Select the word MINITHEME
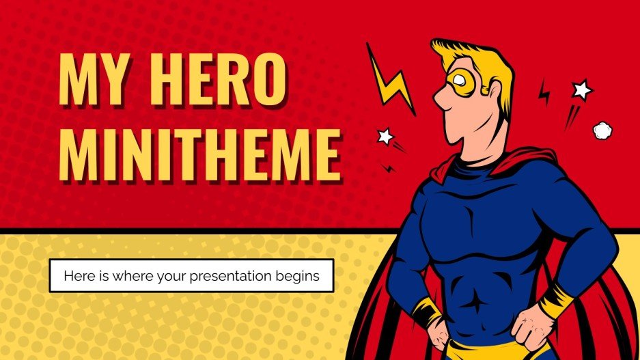point(199,156)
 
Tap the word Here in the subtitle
point(77,277)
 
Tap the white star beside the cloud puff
point(582,89)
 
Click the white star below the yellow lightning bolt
point(386,136)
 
